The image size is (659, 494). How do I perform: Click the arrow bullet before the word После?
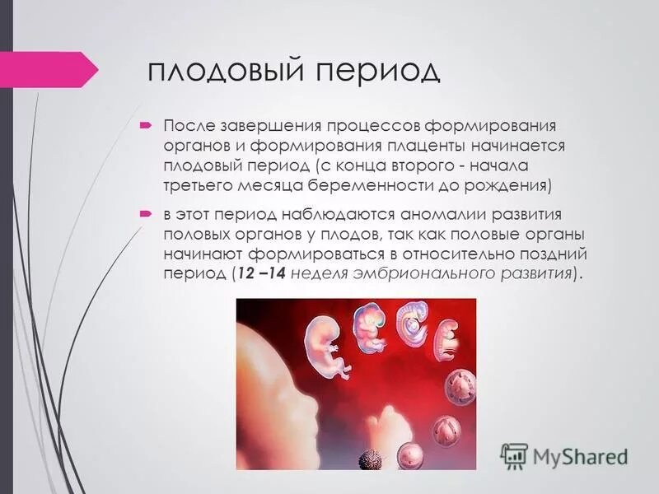coord(145,126)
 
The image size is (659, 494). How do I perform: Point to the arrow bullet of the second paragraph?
coord(145,213)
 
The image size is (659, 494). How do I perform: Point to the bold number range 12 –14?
coord(260,274)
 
